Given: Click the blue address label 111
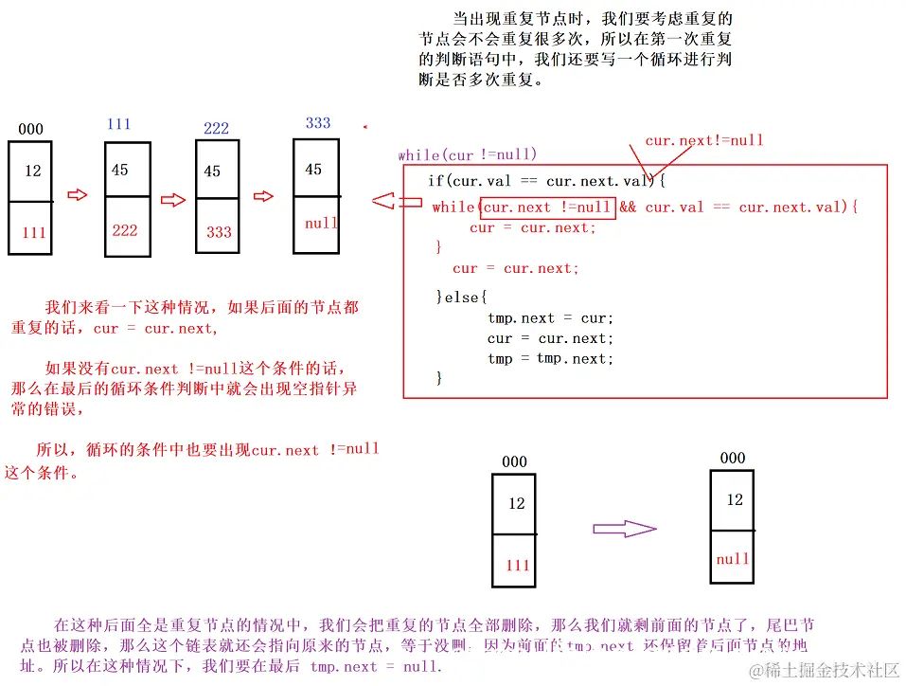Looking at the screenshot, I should tap(118, 124).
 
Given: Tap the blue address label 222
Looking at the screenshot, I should tap(216, 129).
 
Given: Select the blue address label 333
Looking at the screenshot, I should tap(318, 123).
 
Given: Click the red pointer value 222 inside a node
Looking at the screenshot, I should tap(125, 230).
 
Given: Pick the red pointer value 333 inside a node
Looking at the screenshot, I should tap(219, 232).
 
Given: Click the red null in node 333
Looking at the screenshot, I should tap(321, 224).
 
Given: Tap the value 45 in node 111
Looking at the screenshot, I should tap(119, 170).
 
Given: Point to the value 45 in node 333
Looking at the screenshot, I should tap(313, 170).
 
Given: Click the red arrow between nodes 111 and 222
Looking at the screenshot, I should tap(172, 200).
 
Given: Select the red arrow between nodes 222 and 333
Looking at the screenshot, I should tap(264, 197).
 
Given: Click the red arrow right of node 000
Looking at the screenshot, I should tap(79, 195).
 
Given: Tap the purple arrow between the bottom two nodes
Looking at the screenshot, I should tap(624, 530).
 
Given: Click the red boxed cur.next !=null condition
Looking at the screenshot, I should tap(547, 208).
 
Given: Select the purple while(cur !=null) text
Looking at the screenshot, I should tap(467, 154).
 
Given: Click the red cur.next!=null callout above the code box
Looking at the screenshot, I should tap(703, 140).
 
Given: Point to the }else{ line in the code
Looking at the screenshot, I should tap(461, 298).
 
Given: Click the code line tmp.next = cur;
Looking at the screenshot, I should tap(550, 318).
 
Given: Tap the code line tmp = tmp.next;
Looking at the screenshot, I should tap(550, 359).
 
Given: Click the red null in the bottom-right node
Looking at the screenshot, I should tap(732, 559).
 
